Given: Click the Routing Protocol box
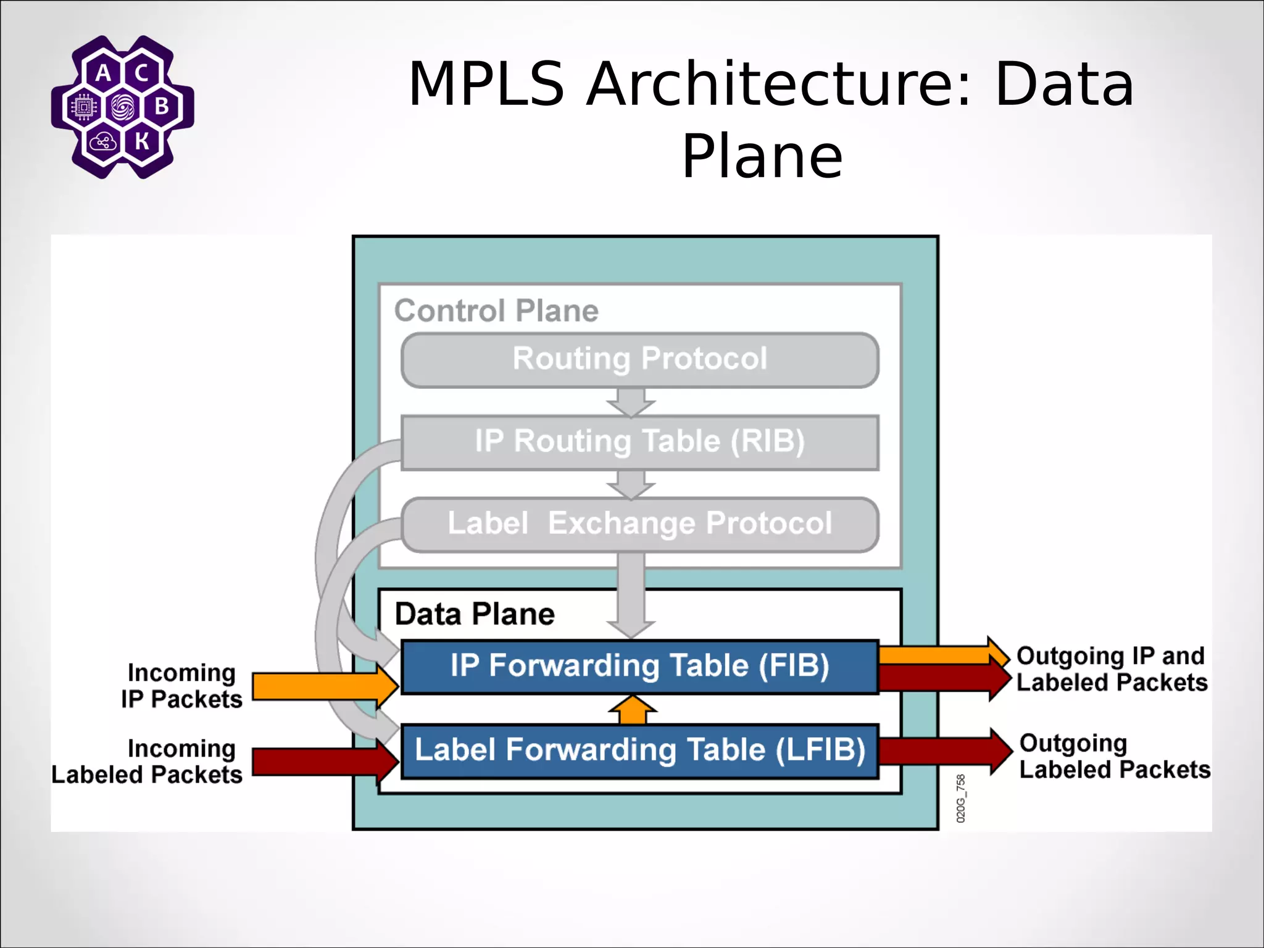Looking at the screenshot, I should coord(639,360).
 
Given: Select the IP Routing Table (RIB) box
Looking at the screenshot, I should coord(639,442).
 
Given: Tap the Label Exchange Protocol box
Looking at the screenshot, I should coord(639,524).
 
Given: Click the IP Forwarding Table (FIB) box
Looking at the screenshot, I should coord(639,667).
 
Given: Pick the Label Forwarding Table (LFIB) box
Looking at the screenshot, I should coord(639,750).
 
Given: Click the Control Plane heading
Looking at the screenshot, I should coord(496,310).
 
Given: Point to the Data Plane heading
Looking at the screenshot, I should coord(475,614).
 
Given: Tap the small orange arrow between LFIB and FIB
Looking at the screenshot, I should coord(632,711).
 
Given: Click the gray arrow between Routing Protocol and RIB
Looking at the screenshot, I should coord(631,401).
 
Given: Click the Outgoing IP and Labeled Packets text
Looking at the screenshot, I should coord(1111,669).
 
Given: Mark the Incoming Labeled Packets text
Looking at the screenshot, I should coord(147,762).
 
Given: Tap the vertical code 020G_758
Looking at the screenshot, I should coord(960,798).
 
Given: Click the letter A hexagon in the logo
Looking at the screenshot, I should coord(103,73).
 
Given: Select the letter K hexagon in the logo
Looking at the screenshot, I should coord(142,141).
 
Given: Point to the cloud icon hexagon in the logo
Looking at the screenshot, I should coord(102,142).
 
